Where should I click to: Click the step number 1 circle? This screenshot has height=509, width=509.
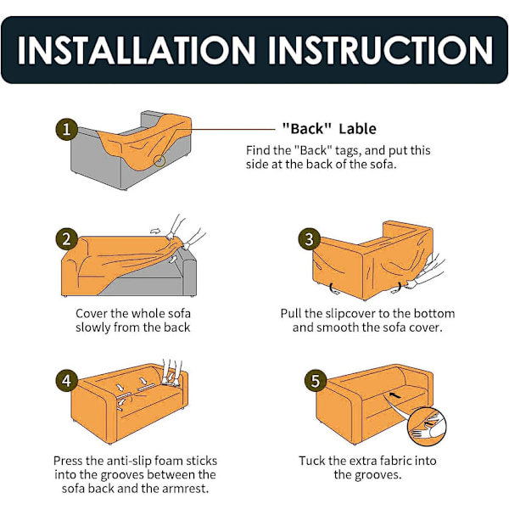[x=66, y=129]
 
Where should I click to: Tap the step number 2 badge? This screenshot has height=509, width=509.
[x=66, y=239]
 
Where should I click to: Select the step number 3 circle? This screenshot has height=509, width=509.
[x=309, y=239]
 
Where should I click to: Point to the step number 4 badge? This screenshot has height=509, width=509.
[x=66, y=380]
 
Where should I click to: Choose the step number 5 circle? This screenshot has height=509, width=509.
[x=316, y=380]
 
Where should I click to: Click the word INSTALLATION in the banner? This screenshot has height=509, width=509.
[x=137, y=50]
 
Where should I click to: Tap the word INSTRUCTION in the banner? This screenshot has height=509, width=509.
[x=380, y=50]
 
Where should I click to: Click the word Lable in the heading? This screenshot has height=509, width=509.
[x=357, y=129]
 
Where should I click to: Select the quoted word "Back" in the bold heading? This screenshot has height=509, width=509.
[x=307, y=129]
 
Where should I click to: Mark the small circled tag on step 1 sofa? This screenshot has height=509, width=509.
[x=159, y=160]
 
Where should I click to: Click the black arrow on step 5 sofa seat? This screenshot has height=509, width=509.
[x=394, y=395]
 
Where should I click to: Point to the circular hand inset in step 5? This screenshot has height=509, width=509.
[x=427, y=426]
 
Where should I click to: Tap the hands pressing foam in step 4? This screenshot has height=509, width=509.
[x=171, y=372]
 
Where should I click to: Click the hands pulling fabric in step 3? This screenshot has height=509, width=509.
[x=425, y=271]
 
